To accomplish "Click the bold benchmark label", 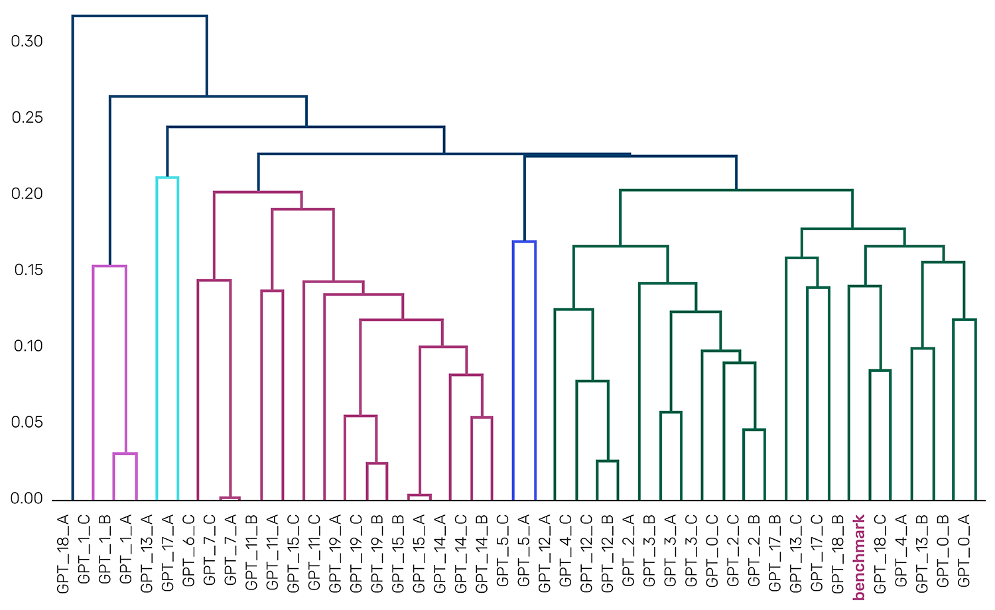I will (859, 557).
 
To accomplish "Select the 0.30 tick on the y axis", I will (27, 41).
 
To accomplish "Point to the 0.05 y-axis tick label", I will (27, 422).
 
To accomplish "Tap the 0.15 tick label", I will (27, 270).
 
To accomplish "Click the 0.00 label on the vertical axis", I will (27, 499).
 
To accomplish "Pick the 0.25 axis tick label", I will (27, 117).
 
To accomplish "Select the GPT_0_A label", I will (964, 550).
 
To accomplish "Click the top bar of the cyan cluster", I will (167, 178).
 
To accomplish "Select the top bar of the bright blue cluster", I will (524, 242).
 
